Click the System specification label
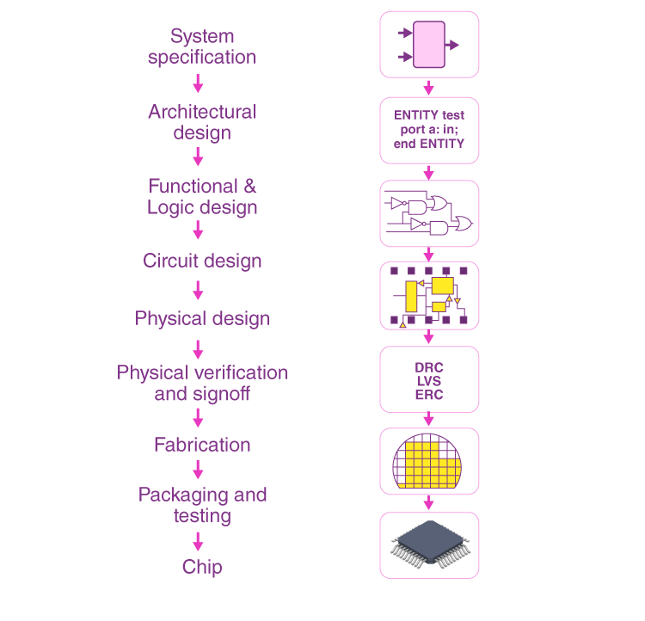202,47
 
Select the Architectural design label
202,122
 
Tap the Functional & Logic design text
202,197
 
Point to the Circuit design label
202,261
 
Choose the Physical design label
202,318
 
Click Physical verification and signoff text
202,384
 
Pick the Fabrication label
202,445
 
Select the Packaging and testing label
202,506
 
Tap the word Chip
202,567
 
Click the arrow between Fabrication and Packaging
199,470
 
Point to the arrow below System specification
199,83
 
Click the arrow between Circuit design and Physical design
199,290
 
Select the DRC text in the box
429,368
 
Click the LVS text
429,381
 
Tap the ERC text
429,394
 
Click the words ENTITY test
429,115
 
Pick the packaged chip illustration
429,544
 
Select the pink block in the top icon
429,45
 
